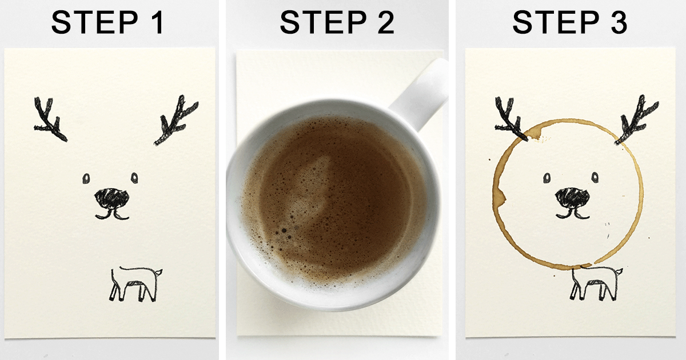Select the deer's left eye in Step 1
point(86,178)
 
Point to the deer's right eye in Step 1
point(135,178)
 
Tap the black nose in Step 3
point(572,197)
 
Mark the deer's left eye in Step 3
point(548,178)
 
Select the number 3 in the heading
point(616,23)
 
